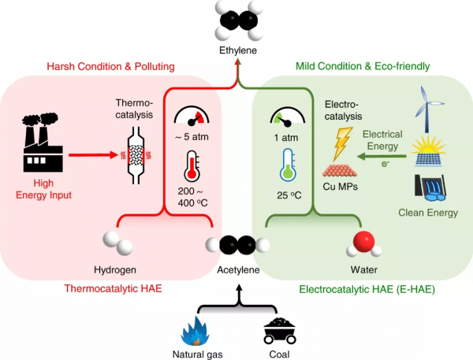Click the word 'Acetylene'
238,270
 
